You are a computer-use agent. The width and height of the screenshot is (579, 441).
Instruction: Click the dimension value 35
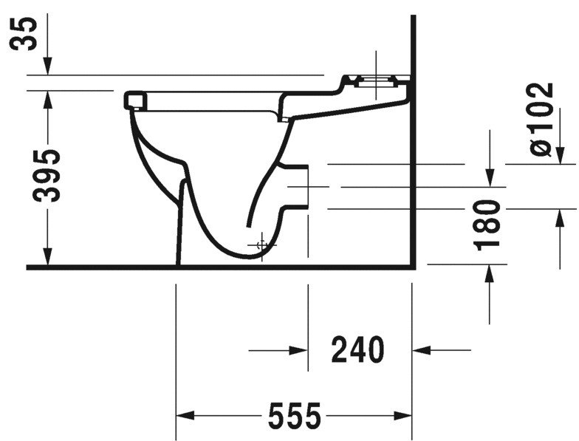tap(24, 34)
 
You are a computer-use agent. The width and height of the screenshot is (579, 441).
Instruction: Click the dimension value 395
tap(46, 176)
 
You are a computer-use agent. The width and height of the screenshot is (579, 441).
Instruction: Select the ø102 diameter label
tap(541, 120)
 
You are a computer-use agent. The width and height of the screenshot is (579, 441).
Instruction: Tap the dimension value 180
tap(487, 225)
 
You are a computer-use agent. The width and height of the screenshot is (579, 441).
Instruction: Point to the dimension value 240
tap(357, 349)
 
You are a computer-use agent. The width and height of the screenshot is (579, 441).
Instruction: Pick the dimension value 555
tap(294, 416)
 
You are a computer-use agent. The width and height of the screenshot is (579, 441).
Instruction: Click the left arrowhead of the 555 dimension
tap(185, 416)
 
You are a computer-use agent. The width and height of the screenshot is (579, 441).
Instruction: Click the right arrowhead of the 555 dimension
tap(402, 416)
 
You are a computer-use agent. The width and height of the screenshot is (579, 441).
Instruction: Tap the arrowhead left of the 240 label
tap(298, 350)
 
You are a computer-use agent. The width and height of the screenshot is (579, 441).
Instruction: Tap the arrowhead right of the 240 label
tap(422, 350)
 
